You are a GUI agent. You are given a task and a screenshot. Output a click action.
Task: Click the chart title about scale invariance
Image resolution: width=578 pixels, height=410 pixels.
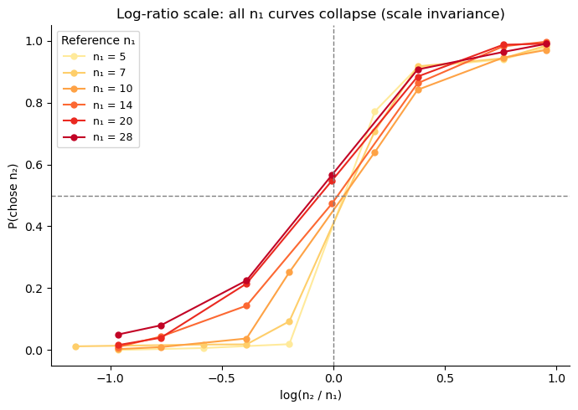click(x=310, y=14)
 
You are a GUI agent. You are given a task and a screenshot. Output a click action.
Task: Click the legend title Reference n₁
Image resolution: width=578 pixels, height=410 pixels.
click(x=99, y=40)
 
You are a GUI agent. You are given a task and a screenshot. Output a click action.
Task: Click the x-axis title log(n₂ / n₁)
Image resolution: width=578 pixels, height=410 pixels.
click(x=310, y=395)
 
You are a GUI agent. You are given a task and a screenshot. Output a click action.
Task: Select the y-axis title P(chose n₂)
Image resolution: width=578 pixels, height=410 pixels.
click(x=13, y=195)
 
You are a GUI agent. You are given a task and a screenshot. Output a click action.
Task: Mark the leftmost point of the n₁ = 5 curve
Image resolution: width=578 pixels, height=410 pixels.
click(x=75, y=346)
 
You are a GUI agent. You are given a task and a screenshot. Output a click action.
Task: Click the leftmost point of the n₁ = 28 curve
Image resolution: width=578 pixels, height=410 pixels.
click(x=118, y=335)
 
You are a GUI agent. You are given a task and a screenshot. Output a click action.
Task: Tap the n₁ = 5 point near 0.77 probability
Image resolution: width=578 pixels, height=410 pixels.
click(x=374, y=112)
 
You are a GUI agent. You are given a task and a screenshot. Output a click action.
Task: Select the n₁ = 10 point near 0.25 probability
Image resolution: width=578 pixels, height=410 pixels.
click(x=289, y=272)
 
